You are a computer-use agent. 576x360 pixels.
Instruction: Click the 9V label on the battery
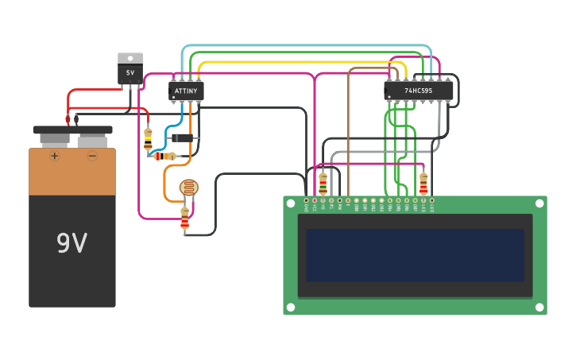(x=72, y=242)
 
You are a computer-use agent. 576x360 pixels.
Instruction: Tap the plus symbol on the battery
(x=54, y=156)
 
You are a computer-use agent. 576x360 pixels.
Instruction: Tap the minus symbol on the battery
(x=92, y=156)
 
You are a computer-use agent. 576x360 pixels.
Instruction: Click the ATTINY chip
(x=186, y=91)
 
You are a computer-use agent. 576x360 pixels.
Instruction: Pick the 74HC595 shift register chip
(x=419, y=91)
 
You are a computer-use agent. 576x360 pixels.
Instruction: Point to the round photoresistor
(x=188, y=188)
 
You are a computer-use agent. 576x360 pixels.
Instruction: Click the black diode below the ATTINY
(x=183, y=138)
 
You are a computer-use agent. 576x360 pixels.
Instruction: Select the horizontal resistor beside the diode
(x=164, y=156)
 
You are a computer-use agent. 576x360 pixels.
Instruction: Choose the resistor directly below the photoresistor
(x=185, y=218)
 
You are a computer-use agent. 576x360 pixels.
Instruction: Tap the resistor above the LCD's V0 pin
(x=323, y=183)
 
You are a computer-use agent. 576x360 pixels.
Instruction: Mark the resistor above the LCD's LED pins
(x=423, y=184)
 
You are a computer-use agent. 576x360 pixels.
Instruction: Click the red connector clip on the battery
(x=68, y=120)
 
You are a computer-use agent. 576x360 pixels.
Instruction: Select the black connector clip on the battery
(x=77, y=120)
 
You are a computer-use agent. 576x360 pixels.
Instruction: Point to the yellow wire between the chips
(x=302, y=62)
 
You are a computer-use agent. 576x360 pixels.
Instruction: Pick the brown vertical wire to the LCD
(x=348, y=135)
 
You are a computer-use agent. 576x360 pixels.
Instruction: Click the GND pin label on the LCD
(x=307, y=207)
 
